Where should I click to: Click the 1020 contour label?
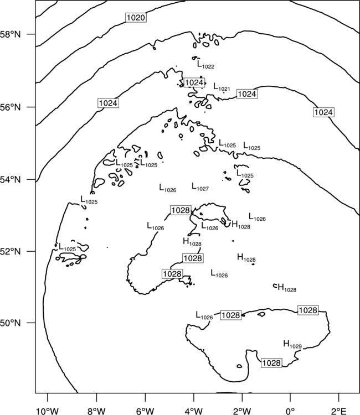pyautogui.click(x=136, y=18)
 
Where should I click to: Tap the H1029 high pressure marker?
pyautogui.click(x=292, y=344)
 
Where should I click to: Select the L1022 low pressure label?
pyautogui.click(x=205, y=65)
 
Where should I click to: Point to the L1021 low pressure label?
pyautogui.click(x=222, y=87)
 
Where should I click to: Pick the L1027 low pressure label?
pyautogui.click(x=200, y=187)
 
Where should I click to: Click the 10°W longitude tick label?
pyautogui.click(x=47, y=411)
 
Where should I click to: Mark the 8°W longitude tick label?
pyautogui.click(x=96, y=411)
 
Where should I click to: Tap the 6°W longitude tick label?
pyautogui.click(x=145, y=411)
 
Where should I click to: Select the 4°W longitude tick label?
pyautogui.click(x=194, y=411)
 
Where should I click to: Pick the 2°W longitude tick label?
pyautogui.click(x=242, y=411)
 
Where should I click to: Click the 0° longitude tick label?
pyautogui.click(x=290, y=411)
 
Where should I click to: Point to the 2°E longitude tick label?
pyautogui.click(x=339, y=411)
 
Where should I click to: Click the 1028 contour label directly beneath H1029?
pyautogui.click(x=271, y=362)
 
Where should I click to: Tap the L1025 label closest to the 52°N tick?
pyautogui.click(x=67, y=247)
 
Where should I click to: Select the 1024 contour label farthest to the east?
pyautogui.click(x=323, y=112)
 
